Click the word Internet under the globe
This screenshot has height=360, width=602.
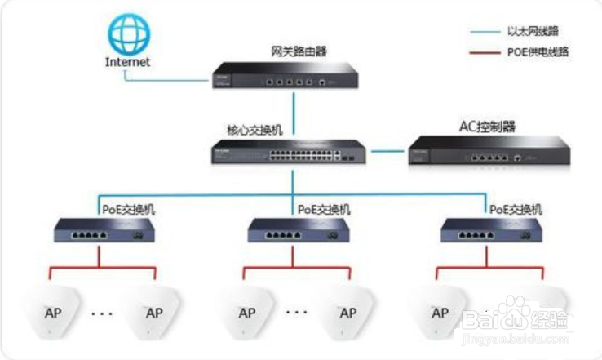pyautogui.click(x=127, y=62)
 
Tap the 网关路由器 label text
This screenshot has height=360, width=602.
pyautogui.click(x=299, y=51)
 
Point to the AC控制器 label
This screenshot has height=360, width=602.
pyautogui.click(x=482, y=127)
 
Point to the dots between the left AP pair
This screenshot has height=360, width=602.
pyautogui.click(x=102, y=312)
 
